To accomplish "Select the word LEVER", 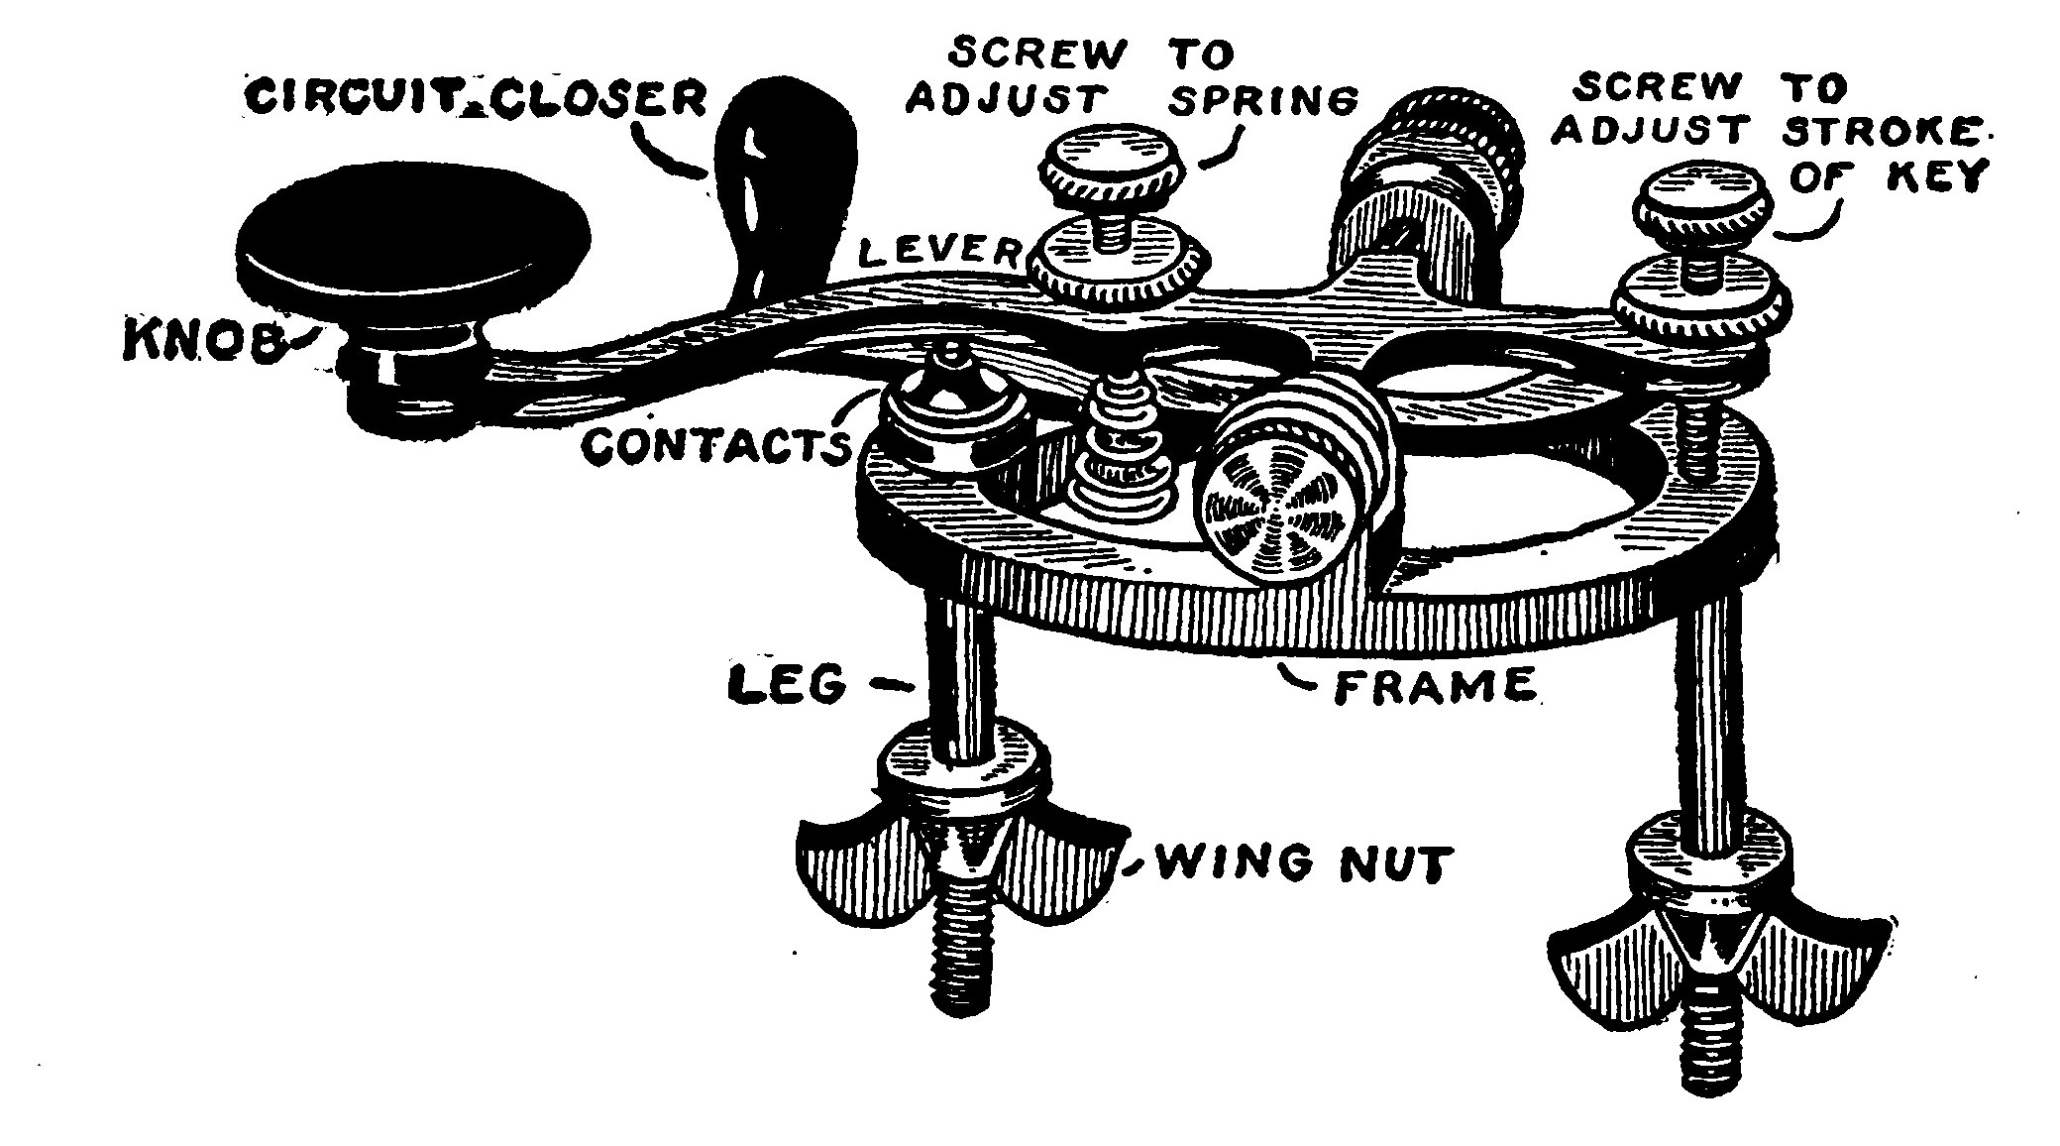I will pos(936,252).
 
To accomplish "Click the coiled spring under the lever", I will pos(1125,446).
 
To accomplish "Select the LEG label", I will pos(788,684).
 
